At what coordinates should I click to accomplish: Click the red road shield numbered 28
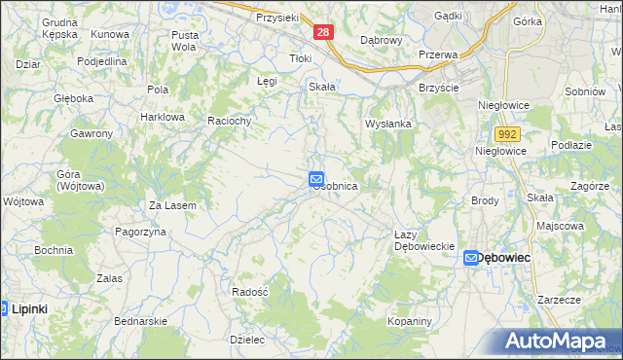[x=324, y=32]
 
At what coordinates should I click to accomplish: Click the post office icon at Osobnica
[x=316, y=178]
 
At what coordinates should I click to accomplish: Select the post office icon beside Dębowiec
[x=471, y=258]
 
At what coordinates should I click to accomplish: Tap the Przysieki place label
[x=276, y=18]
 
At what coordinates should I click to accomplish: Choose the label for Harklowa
[x=162, y=117]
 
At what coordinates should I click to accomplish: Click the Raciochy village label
[x=231, y=121]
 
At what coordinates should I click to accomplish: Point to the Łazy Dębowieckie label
[x=425, y=240]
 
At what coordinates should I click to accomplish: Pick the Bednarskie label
[x=141, y=320]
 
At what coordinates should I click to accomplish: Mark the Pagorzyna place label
[x=141, y=232]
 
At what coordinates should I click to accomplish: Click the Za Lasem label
[x=172, y=205]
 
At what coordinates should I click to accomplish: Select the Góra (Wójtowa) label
[x=78, y=179]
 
